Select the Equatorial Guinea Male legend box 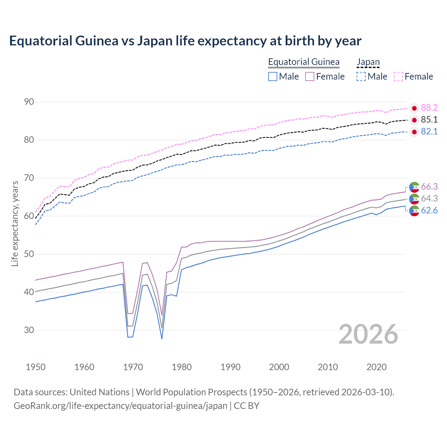point(273,76)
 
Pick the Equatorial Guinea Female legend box point(310,76)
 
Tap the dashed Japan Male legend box point(361,76)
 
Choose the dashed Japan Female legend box point(398,76)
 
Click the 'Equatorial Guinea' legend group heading point(303,62)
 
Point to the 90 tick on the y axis point(29,102)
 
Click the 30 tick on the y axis point(29,330)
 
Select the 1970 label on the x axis point(133,367)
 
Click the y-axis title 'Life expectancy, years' point(15,224)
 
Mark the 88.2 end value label point(429,108)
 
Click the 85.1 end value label point(429,119)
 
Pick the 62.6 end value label point(429,210)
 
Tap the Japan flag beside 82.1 point(414,132)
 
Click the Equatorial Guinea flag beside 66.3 point(414,187)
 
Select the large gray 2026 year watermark point(368,334)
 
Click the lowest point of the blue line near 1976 point(162,339)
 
